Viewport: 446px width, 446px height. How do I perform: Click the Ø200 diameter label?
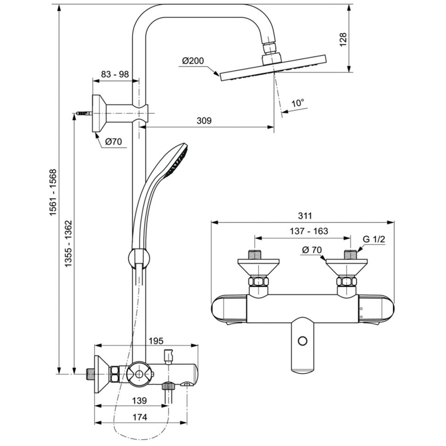coord(193,61)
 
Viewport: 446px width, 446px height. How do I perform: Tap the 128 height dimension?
coord(343,40)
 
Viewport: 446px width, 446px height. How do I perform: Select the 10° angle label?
coord(298,103)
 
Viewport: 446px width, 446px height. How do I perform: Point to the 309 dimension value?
coord(204,120)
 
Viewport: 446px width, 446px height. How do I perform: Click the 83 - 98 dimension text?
coord(115,74)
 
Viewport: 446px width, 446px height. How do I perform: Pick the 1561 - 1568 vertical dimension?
coord(53,192)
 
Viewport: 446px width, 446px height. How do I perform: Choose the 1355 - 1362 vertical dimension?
coord(69,244)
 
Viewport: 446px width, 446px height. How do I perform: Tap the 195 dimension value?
coord(156,340)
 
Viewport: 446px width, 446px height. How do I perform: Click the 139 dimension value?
coord(139,400)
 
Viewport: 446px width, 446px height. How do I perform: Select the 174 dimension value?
coord(140,417)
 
